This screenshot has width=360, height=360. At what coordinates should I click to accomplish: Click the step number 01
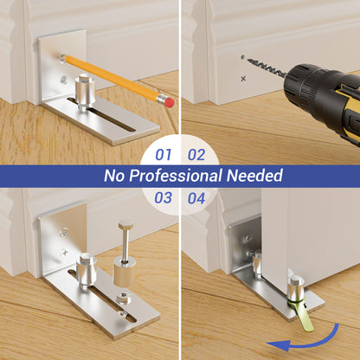[164, 155]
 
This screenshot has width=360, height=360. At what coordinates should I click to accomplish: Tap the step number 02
[196, 155]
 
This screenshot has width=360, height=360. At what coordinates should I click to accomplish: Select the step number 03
[164, 198]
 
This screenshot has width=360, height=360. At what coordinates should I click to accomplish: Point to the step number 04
[196, 198]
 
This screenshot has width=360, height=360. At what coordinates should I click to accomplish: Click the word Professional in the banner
[176, 176]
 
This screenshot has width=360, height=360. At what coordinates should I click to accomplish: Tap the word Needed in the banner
[254, 176]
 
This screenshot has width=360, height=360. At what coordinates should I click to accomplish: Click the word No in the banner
[113, 176]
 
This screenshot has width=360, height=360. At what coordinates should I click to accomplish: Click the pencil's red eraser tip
[170, 102]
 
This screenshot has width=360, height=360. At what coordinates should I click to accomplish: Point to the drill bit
[266, 67]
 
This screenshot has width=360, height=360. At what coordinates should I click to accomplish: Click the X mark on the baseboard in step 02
[243, 79]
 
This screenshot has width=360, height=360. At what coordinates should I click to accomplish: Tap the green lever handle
[303, 314]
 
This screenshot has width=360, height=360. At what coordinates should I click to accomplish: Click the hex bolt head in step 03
[125, 225]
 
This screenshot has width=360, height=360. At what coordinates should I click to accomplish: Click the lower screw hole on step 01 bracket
[63, 80]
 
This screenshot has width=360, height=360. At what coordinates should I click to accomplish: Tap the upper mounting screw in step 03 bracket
[64, 232]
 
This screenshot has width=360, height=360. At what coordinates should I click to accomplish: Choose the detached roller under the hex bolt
[124, 271]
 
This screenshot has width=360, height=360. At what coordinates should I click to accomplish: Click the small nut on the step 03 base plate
[123, 299]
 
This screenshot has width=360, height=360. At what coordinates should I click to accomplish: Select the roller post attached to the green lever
[296, 287]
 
